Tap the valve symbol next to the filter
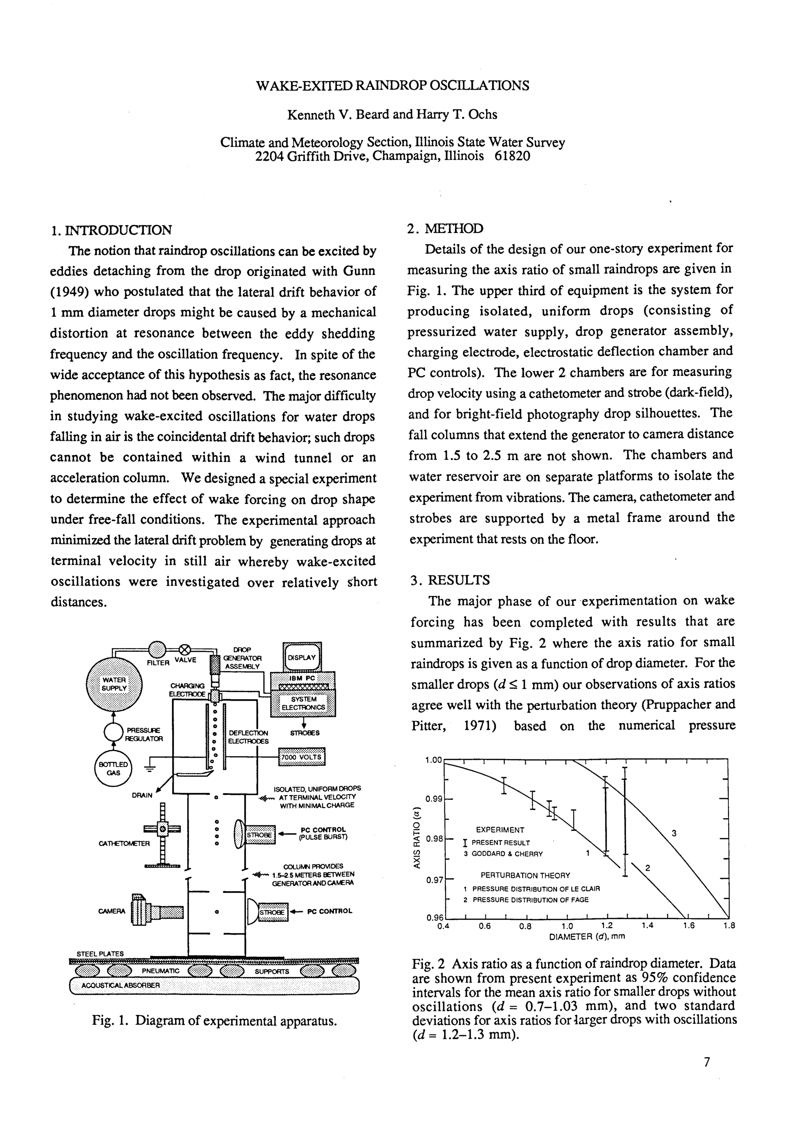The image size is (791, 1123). pos(185,650)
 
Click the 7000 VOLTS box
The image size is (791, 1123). pos(302,757)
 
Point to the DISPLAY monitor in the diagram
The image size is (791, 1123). pos(302,658)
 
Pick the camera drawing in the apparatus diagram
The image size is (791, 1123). pos(157,911)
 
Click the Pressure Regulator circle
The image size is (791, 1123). pos(114,733)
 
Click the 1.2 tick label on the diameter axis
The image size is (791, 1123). pos(607,926)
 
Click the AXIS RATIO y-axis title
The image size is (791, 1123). pos(416,837)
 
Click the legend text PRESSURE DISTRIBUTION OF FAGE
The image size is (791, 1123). pos(530,900)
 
